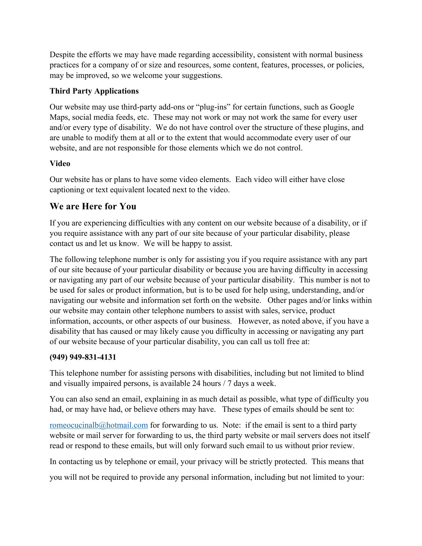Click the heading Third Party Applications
tap(94, 91)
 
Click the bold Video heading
tap(60, 164)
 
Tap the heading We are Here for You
tap(93, 206)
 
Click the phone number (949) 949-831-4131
tap(83, 357)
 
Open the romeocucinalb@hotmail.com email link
tap(99, 425)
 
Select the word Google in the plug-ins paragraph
tap(342, 107)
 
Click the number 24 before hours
tap(196, 383)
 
